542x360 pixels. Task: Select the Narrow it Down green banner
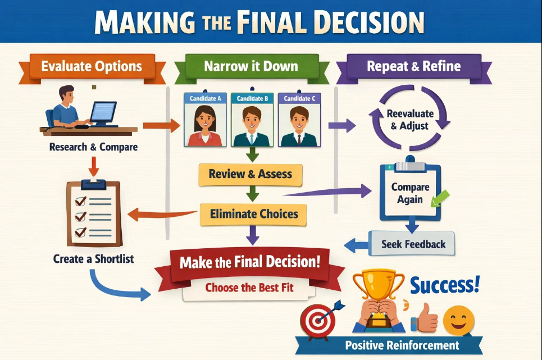(250, 67)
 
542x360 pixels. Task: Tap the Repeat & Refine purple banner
(413, 67)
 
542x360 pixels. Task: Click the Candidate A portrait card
(205, 120)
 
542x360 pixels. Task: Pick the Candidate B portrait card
(252, 120)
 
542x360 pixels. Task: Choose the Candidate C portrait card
(299, 120)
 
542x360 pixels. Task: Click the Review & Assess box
(250, 174)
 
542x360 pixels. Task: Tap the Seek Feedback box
(413, 244)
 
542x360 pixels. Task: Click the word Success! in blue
(445, 285)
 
